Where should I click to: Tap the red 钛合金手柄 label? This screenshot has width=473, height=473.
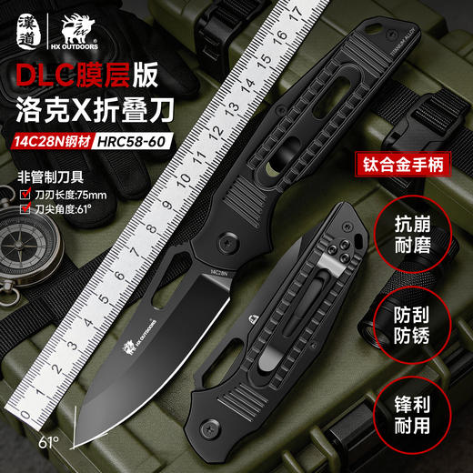click(400, 167)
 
